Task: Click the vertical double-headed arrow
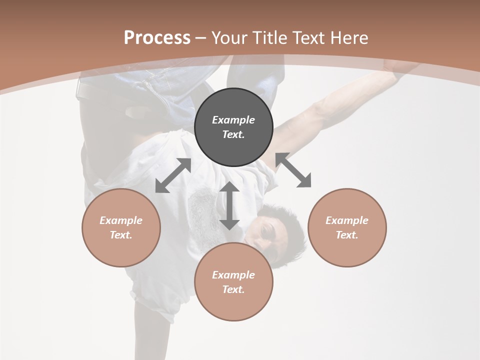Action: (229, 205)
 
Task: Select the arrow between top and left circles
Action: (173, 175)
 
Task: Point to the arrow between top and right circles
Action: (293, 170)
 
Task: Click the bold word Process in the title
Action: (157, 38)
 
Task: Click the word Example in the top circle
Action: (233, 120)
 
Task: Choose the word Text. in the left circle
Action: (121, 235)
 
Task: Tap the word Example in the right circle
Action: (347, 220)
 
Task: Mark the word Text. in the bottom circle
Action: (233, 289)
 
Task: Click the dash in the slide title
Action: (201, 38)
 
